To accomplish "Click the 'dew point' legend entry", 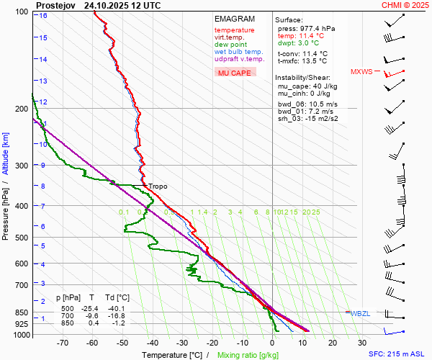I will pyautogui.click(x=230, y=45).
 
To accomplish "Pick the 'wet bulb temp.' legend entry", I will pyautogui.click(x=239, y=52).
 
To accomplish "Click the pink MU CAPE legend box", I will pyautogui.click(x=235, y=73).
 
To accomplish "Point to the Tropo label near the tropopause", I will pyautogui.click(x=158, y=186).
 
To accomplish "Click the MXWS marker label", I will pyautogui.click(x=362, y=72).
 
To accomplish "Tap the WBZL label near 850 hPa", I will pyautogui.click(x=361, y=313).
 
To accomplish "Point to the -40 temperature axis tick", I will pyautogui.click(x=152, y=343).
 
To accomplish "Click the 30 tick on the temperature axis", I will pyautogui.click(x=362, y=343).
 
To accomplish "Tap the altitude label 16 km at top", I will pyautogui.click(x=43, y=15).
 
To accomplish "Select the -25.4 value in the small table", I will pyautogui.click(x=91, y=307).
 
